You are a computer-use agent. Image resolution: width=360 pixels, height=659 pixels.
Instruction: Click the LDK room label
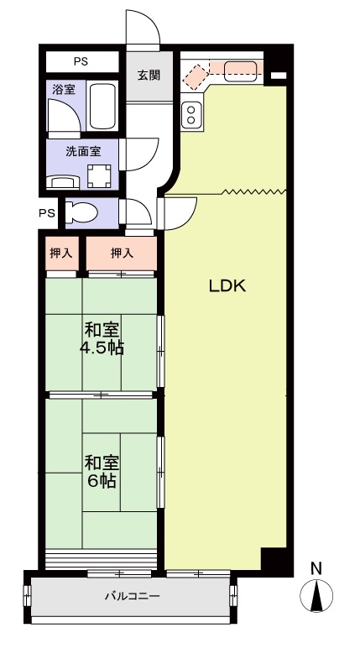tap(227, 286)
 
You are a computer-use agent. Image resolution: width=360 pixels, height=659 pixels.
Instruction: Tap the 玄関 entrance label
tap(149, 76)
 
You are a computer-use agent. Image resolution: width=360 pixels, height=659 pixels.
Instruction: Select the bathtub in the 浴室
tap(103, 106)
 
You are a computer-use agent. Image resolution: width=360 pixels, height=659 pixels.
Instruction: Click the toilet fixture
tap(81, 212)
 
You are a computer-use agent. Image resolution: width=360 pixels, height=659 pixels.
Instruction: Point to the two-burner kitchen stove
tap(191, 115)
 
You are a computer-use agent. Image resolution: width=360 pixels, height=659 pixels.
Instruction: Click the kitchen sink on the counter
tap(240, 71)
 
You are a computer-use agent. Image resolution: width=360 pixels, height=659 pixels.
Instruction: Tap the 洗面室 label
tap(83, 151)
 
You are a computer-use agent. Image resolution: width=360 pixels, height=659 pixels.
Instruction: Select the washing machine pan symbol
tap(99, 176)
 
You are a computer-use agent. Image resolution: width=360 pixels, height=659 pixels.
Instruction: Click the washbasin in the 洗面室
tap(64, 181)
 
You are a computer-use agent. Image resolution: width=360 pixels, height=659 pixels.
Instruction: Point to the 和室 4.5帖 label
tap(102, 339)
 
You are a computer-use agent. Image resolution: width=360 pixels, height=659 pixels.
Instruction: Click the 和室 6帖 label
tap(102, 472)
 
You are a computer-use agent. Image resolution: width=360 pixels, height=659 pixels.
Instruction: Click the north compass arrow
tap(316, 594)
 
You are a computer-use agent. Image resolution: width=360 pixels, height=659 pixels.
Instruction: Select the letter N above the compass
tap(316, 569)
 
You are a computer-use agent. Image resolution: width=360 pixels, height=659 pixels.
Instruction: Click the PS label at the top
tap(81, 61)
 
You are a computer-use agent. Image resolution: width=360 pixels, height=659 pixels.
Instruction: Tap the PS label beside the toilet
tap(47, 213)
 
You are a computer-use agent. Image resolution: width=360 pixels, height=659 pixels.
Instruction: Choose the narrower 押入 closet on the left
tap(61, 254)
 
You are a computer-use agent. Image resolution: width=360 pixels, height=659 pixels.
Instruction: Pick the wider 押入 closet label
tap(122, 253)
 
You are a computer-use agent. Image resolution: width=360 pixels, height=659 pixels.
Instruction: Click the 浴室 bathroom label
tap(64, 90)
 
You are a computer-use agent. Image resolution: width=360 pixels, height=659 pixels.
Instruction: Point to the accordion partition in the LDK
tap(253, 191)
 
